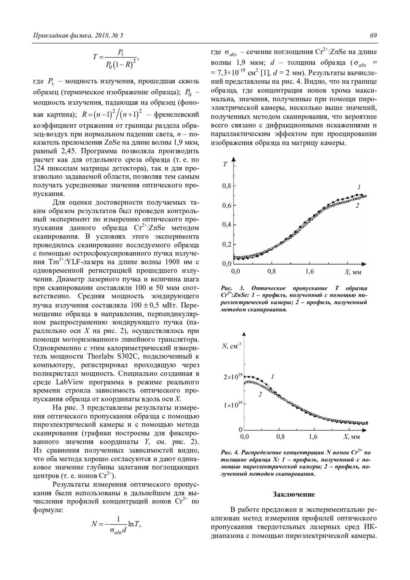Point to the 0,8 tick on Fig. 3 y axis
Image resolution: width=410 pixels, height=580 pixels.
tap(227, 186)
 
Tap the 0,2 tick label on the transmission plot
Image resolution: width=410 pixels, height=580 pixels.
tap(227, 245)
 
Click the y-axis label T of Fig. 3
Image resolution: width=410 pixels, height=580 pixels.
tap(225, 164)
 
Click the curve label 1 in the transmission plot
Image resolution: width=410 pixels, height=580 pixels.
tap(359, 187)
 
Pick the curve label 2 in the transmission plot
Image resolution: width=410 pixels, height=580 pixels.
tap(357, 206)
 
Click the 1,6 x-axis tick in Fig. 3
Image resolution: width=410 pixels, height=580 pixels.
tap(309, 272)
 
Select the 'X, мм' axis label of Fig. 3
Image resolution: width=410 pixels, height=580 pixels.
tap(353, 272)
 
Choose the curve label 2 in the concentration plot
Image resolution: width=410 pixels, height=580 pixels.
tap(260, 395)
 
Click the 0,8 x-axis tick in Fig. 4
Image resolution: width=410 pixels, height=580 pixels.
tap(281, 437)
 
